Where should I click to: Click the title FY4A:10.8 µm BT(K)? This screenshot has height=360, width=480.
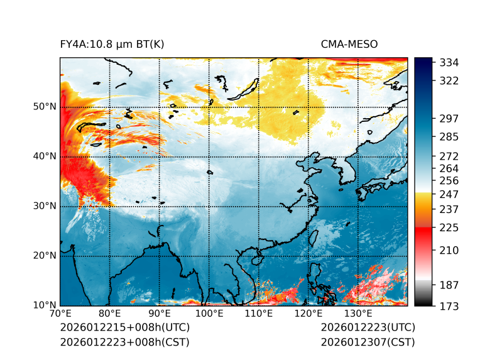click(x=112, y=44)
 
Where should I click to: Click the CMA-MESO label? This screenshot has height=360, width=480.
click(x=349, y=44)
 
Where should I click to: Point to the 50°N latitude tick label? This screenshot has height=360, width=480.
click(x=45, y=107)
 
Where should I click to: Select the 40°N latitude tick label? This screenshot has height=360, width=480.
click(x=45, y=156)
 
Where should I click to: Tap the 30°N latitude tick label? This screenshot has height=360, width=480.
click(x=45, y=206)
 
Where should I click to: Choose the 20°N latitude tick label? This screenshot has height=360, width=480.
click(x=45, y=256)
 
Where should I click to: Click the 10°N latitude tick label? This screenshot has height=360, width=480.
click(x=45, y=305)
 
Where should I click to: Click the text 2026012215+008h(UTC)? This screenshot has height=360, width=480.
click(x=124, y=328)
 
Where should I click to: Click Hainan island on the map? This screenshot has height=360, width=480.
click(x=256, y=259)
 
